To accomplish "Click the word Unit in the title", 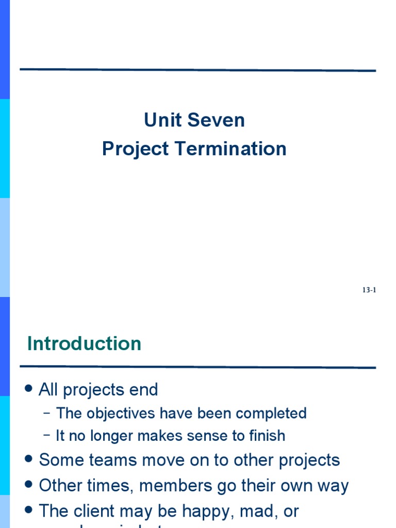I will tap(159, 121).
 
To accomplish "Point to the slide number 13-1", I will tap(369, 290).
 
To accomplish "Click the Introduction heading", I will tap(84, 343).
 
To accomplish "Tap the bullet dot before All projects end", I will tap(29, 389).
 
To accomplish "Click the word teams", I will tap(109, 460).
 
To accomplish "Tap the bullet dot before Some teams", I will tap(29, 459).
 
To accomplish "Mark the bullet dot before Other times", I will tap(29, 485).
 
